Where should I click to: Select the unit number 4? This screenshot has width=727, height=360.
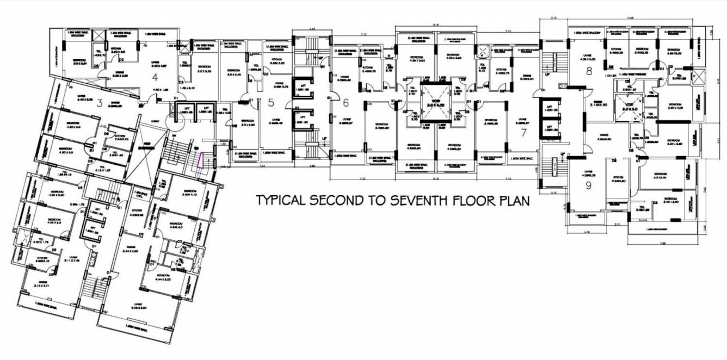click(x=154, y=77)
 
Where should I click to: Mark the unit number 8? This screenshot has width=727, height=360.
click(x=588, y=71)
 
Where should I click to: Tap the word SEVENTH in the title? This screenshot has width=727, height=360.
click(x=417, y=200)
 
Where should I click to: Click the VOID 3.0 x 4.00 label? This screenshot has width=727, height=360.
click(x=436, y=103)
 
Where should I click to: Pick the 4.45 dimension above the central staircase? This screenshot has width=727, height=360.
click(x=312, y=28)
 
